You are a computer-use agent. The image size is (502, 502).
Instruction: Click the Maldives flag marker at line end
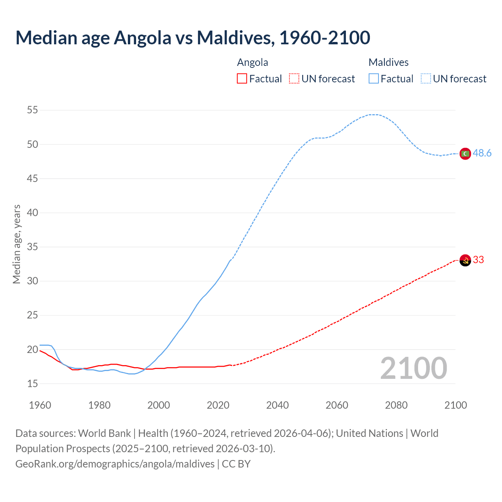(465, 154)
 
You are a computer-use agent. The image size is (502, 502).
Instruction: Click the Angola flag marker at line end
(465, 260)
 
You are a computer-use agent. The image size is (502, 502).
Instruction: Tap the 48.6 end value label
(482, 153)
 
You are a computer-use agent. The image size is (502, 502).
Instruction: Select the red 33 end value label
(478, 260)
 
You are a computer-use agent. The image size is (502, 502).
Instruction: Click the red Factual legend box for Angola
(242, 79)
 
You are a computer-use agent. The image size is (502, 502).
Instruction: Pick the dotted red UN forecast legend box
(294, 79)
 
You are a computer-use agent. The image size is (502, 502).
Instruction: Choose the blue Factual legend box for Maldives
(374, 79)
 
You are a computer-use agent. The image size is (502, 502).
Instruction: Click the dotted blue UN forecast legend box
(426, 79)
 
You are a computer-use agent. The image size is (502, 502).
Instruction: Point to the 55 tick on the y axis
(33, 110)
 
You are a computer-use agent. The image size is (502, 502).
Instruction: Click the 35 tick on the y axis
(33, 247)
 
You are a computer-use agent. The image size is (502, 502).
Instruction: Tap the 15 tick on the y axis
(33, 384)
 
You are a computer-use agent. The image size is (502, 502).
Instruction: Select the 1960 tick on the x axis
(40, 405)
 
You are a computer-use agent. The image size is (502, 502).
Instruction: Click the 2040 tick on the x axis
(277, 405)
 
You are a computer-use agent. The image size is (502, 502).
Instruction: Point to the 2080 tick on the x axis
(396, 405)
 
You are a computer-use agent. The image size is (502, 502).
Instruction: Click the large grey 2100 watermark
(414, 368)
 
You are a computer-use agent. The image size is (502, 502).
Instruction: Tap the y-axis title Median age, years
(16, 244)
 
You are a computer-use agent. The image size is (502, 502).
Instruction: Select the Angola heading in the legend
(253, 62)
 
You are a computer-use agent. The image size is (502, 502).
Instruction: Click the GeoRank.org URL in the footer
(115, 464)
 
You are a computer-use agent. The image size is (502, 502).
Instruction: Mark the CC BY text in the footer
(236, 464)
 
